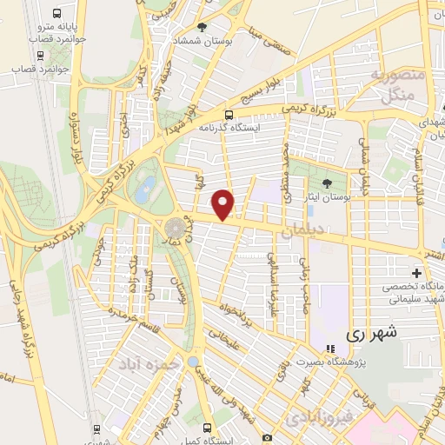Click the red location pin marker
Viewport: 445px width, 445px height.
point(224,203)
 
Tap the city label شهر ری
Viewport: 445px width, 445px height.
point(370,332)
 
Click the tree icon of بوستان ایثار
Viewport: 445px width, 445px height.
point(327,183)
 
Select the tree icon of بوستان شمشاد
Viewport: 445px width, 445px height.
point(202,27)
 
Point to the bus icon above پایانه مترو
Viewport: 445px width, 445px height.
point(56,14)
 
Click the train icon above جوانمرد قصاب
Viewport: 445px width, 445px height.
point(18,53)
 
